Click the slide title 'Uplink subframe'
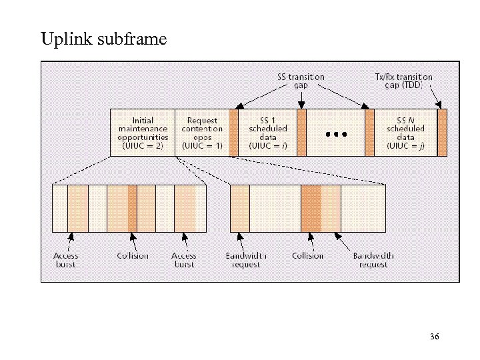103,40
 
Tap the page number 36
434,337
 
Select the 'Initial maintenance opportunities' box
142,133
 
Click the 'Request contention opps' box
201,133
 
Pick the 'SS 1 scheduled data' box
267,133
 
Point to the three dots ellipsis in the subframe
336,134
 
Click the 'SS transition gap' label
301,81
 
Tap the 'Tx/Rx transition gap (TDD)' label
403,81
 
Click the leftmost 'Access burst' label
66,260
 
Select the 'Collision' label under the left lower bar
133,256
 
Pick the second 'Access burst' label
184,260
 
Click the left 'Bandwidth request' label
246,260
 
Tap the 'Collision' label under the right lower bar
307,256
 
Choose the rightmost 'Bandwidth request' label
373,260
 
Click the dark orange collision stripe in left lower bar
132,208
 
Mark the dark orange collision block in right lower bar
311,208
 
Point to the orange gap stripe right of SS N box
442,133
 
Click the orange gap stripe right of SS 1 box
301,133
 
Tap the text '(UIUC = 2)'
142,145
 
